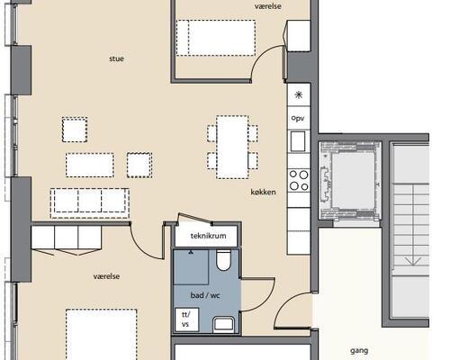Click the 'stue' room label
click(116, 58)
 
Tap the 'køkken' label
click(263, 192)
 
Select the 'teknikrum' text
click(208, 236)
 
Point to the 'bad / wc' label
click(205, 295)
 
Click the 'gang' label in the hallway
click(359, 351)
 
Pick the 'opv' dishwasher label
click(298, 118)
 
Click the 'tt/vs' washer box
click(186, 319)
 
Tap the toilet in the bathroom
click(223, 260)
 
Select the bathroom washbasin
click(223, 325)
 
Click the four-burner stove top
click(299, 180)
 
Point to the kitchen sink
click(298, 141)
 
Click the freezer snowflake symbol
click(299, 95)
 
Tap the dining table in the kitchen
click(232, 148)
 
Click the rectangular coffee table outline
click(90, 165)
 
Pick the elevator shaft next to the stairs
click(351, 179)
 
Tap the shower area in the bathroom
click(191, 267)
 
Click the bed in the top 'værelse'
click(216, 38)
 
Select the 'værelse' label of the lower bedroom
click(106, 276)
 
